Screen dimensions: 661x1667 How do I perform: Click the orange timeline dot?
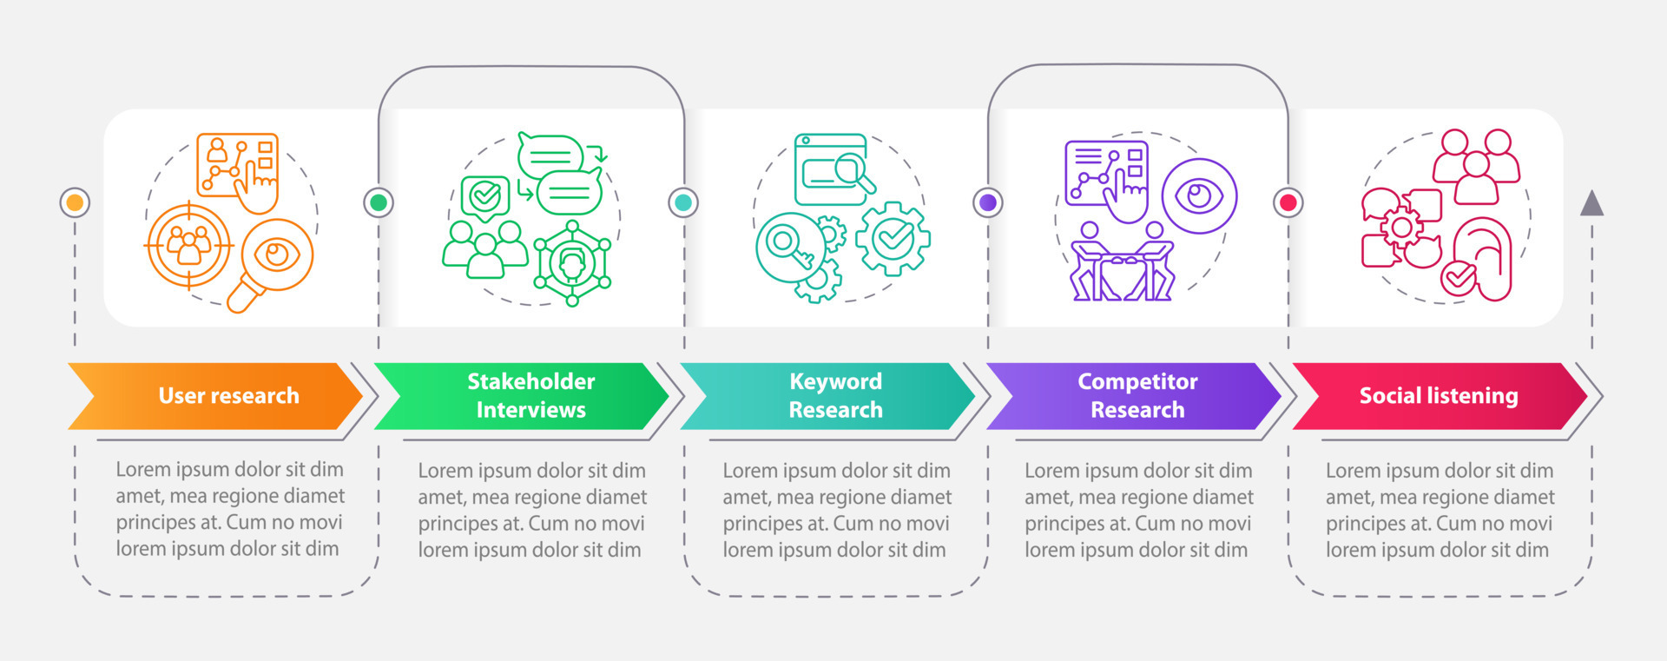point(76,202)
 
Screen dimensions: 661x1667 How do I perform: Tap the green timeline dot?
point(379,202)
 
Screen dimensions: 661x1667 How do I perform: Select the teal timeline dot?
point(683,202)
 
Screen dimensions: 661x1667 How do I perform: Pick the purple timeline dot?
point(988,202)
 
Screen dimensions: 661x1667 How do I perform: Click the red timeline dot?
point(1288,202)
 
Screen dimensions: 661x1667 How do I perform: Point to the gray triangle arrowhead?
point(1591,204)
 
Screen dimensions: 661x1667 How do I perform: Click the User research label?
point(228,396)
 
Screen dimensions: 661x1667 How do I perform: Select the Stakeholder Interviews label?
point(530,396)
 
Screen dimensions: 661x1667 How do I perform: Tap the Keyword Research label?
point(835,396)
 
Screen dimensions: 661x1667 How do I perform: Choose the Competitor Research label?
point(1137,396)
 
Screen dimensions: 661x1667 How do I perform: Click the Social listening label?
point(1438,396)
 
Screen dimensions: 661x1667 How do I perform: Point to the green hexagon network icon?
point(572,263)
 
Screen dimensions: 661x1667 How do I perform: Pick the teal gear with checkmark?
point(893,237)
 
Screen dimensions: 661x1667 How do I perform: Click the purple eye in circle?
point(1199,196)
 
